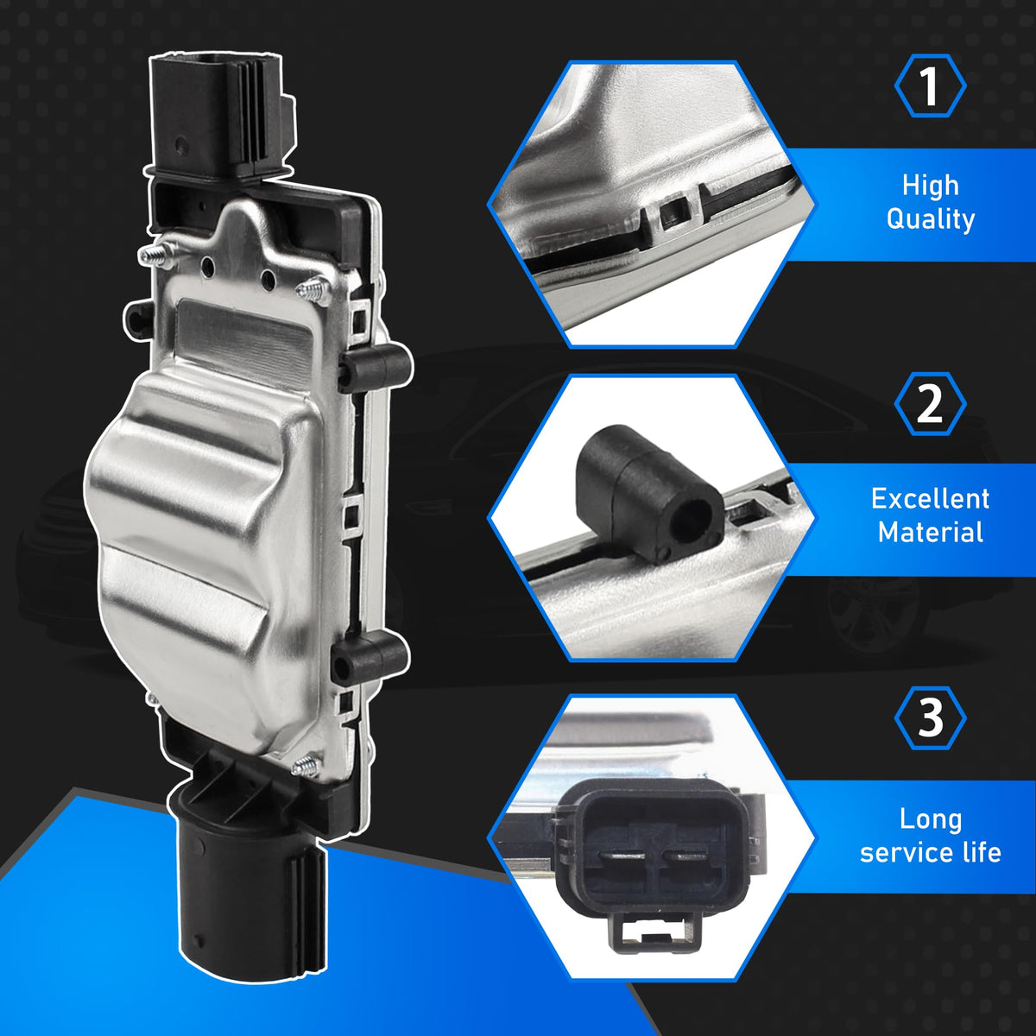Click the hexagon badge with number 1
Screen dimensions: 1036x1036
pyautogui.click(x=930, y=86)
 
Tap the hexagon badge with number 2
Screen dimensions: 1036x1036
pyautogui.click(x=930, y=404)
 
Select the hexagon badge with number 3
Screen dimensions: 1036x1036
pyautogui.click(x=930, y=718)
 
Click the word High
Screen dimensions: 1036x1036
pyautogui.click(x=930, y=185)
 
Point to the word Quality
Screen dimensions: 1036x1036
pyautogui.click(x=930, y=219)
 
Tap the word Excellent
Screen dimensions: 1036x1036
pyautogui.click(x=930, y=499)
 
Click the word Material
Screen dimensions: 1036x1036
pyautogui.click(x=930, y=533)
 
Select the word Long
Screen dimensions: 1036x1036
pyautogui.click(x=930, y=818)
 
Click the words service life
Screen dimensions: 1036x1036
pyautogui.click(x=930, y=853)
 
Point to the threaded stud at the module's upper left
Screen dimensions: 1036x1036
pyautogui.click(x=155, y=255)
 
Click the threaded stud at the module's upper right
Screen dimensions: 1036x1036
pyautogui.click(x=314, y=293)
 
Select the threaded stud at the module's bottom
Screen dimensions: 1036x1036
pyautogui.click(x=306, y=766)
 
